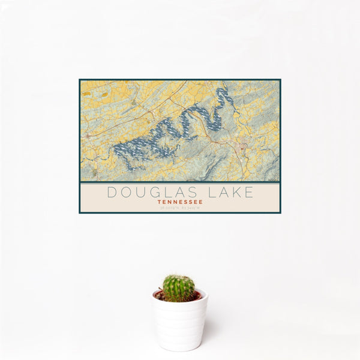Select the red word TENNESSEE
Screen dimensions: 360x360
pyautogui.click(x=179, y=202)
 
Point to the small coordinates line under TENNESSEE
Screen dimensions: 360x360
pyautogui.click(x=179, y=208)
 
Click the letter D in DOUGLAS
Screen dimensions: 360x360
pyautogui.click(x=111, y=193)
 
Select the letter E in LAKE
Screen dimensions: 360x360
pyautogui.click(x=248, y=193)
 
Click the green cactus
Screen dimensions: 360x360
pyautogui.click(x=179, y=288)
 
